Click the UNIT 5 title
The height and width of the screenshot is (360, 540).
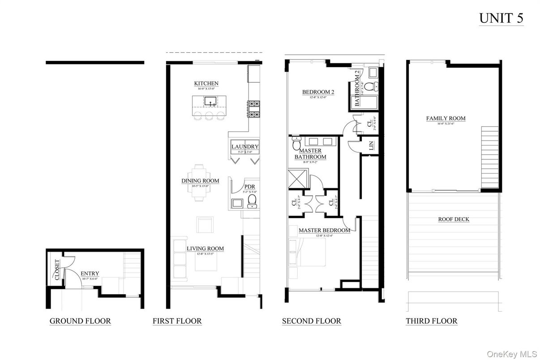(x=501, y=18)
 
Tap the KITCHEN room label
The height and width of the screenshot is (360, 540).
(x=206, y=83)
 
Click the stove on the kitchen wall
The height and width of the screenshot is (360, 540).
(x=254, y=109)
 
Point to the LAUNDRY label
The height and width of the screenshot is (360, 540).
(x=244, y=146)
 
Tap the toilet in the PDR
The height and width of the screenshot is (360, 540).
(x=253, y=201)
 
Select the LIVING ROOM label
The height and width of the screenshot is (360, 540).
(x=205, y=249)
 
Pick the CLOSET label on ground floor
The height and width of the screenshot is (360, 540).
(x=57, y=270)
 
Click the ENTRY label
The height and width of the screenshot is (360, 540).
(x=90, y=274)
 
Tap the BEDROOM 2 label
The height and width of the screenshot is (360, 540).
(x=318, y=92)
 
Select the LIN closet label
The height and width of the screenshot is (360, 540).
(x=371, y=145)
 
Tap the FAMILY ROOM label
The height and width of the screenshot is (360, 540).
(x=446, y=118)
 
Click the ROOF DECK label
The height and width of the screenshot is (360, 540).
(x=454, y=219)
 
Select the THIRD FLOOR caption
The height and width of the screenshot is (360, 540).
(x=431, y=321)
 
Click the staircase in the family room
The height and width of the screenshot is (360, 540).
(x=489, y=157)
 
